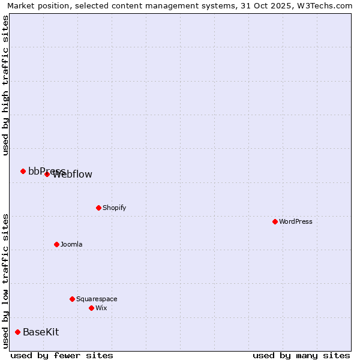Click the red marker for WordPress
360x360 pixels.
(x=275, y=221)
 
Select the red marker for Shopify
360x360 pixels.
(x=98, y=208)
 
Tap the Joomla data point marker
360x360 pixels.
(x=56, y=244)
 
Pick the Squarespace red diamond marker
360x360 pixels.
(x=72, y=299)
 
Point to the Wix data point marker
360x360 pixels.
(x=91, y=308)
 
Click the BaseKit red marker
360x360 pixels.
(x=17, y=332)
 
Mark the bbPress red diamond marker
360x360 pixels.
(x=23, y=171)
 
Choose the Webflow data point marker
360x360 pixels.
(x=47, y=174)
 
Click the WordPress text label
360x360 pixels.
(x=296, y=222)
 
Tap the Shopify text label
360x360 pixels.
(x=115, y=208)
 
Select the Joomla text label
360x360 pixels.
(x=71, y=245)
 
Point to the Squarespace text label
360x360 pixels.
(x=97, y=299)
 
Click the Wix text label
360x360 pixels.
(x=101, y=308)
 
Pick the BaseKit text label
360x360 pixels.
(x=41, y=332)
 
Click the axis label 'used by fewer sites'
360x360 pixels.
(x=62, y=355)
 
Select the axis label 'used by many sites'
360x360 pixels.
(x=301, y=355)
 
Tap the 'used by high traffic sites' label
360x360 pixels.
(x=5, y=85)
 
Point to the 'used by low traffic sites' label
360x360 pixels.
(x=5, y=281)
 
